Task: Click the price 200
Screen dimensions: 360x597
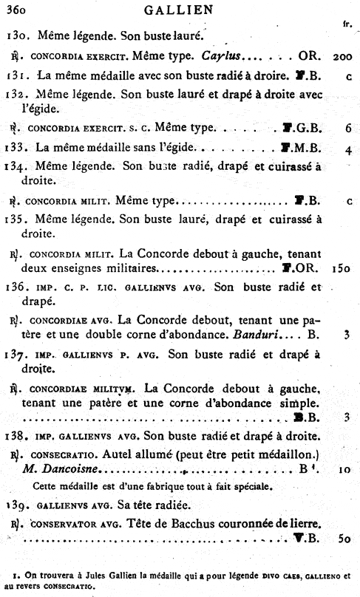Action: click(341, 56)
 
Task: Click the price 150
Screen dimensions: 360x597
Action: click(341, 265)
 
